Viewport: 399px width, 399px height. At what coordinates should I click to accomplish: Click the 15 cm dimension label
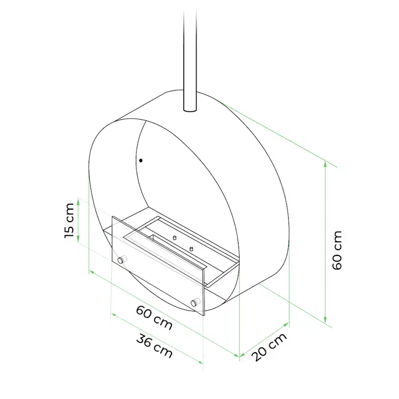click(x=69, y=220)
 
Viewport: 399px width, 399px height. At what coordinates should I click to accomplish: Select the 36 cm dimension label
click(x=154, y=346)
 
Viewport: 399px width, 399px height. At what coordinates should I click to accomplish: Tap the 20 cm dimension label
click(x=269, y=347)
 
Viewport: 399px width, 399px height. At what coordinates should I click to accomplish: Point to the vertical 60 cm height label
click(x=337, y=250)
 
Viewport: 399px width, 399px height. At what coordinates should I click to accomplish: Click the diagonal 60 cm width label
click(x=154, y=318)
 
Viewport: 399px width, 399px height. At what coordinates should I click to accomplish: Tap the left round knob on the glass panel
click(x=121, y=260)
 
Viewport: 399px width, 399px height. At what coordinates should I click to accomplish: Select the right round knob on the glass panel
click(x=195, y=302)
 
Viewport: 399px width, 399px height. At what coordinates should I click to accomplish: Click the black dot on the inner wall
click(x=141, y=160)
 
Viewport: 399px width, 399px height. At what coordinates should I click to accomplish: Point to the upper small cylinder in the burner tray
click(x=174, y=238)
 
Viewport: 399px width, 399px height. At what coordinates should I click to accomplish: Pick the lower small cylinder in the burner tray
click(x=191, y=249)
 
